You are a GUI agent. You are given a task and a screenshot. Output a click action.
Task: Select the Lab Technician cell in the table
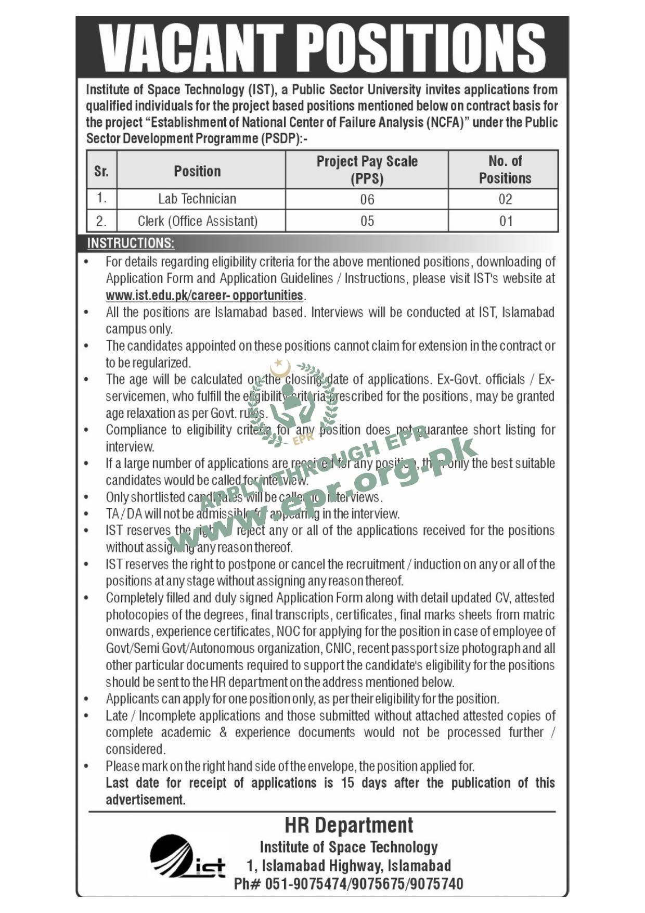197,199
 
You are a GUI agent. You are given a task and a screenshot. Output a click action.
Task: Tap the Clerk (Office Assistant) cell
198,221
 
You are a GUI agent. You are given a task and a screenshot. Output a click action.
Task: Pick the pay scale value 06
367,199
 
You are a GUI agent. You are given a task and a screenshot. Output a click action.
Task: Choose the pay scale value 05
367,221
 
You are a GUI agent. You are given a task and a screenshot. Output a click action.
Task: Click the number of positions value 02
505,199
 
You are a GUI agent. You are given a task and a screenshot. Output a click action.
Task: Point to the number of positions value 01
506,221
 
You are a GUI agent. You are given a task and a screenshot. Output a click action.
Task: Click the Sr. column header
101,171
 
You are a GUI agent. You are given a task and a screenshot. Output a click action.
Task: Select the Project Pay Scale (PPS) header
367,170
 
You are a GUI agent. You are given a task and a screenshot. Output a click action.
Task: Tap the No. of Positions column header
505,170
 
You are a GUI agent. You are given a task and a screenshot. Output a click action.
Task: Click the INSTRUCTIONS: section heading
131,243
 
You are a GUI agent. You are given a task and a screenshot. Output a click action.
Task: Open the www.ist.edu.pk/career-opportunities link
204,295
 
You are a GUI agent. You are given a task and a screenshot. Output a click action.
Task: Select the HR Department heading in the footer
349,826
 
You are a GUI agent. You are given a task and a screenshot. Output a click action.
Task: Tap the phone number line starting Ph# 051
349,883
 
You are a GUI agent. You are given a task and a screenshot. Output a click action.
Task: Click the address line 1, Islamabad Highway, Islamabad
349,865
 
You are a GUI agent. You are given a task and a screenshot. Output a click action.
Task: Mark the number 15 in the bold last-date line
347,783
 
